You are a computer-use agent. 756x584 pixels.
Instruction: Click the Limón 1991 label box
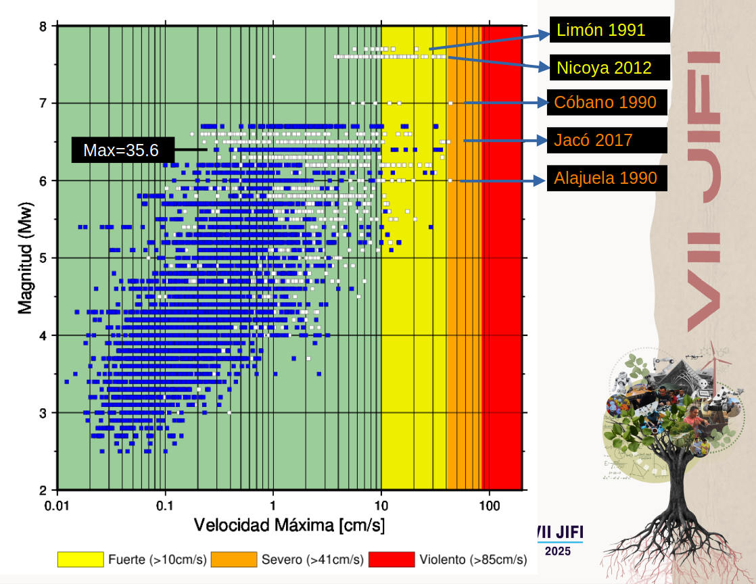609,30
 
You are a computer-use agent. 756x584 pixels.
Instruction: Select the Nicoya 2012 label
609,68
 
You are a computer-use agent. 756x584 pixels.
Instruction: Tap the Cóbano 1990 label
607,103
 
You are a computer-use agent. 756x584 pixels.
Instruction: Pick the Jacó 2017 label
607,141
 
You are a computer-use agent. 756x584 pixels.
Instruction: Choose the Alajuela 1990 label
607,178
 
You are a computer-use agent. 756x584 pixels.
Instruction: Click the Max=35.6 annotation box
122,150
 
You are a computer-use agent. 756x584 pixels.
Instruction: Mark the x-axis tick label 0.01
57,506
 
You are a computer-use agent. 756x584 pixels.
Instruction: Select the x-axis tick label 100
489,506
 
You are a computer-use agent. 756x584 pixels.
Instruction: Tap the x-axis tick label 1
273,506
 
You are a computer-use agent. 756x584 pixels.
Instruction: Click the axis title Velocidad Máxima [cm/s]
290,525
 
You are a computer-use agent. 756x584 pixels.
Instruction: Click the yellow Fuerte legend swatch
80,559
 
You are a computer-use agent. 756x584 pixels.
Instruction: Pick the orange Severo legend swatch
234,559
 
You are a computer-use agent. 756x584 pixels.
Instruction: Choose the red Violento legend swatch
391,559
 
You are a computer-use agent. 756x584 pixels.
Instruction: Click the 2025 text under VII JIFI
558,551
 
